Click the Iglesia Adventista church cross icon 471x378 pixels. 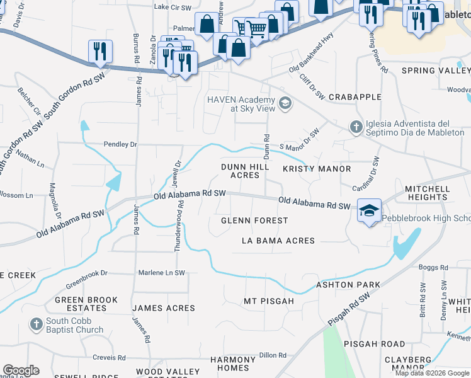(x=356, y=127)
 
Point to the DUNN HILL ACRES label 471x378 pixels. (x=245, y=171)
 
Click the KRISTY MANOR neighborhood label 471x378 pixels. (x=317, y=169)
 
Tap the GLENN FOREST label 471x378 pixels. (x=254, y=220)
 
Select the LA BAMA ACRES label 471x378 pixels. (x=278, y=241)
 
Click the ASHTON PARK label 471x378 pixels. (x=348, y=285)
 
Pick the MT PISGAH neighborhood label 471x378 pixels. (x=269, y=301)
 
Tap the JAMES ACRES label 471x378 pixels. (x=163, y=308)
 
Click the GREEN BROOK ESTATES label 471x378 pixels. (x=80, y=304)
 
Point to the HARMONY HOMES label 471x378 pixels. (x=233, y=364)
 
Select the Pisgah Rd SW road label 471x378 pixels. (x=349, y=311)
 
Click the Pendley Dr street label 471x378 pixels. (x=120, y=144)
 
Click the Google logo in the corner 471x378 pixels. (x=21, y=370)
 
